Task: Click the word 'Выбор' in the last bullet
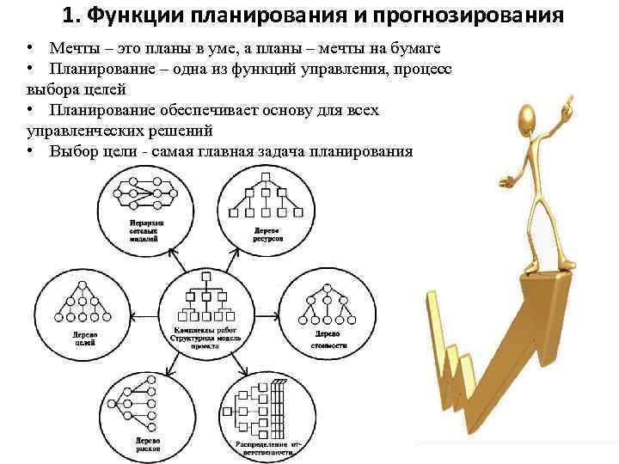[73, 151]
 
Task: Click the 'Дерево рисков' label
[144, 444]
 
